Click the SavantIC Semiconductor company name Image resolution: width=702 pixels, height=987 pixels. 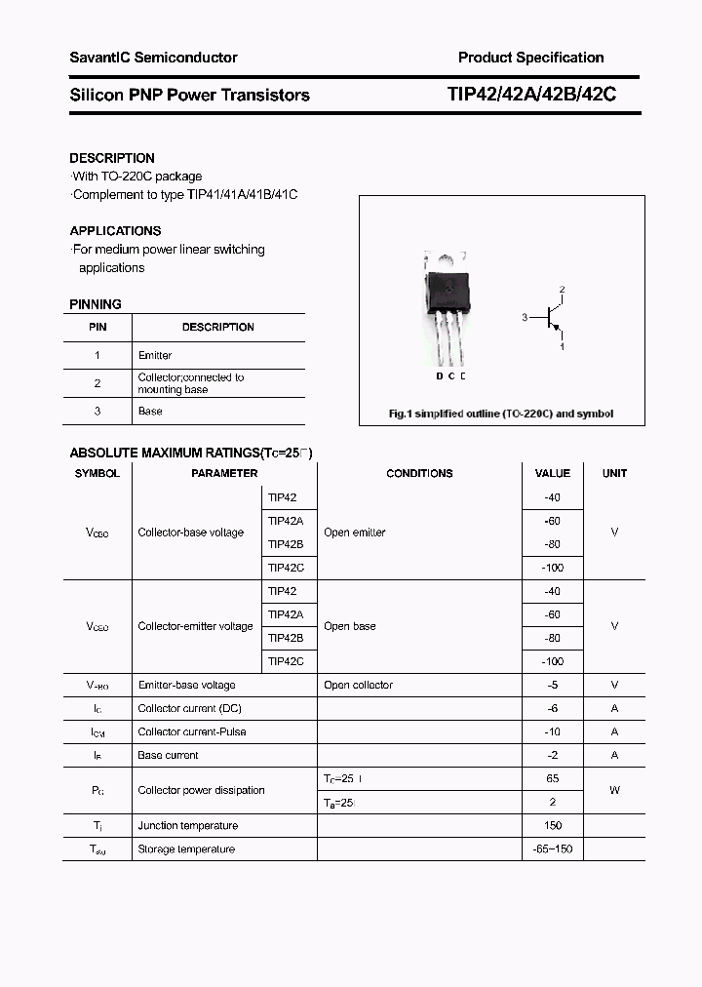click(153, 58)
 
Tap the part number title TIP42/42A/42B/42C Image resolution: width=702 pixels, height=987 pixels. click(530, 95)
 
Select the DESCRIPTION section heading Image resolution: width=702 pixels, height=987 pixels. click(112, 158)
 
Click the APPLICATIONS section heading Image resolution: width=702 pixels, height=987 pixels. click(115, 231)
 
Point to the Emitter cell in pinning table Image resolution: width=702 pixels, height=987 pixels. click(155, 356)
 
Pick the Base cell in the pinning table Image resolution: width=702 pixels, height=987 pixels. click(150, 412)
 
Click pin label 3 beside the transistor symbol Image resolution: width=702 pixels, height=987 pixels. click(525, 318)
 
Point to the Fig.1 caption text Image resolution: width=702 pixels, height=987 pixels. click(501, 415)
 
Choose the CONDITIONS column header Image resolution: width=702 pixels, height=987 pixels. click(419, 474)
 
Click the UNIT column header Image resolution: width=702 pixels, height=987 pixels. click(614, 474)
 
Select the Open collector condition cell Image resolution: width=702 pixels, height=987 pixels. click(358, 686)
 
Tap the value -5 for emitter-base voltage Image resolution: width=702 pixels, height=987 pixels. click(553, 686)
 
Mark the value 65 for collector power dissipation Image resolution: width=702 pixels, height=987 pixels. click(553, 779)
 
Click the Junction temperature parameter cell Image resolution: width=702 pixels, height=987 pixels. click(187, 826)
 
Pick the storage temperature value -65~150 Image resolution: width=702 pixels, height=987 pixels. click(553, 849)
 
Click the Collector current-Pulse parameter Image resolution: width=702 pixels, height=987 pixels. click(192, 732)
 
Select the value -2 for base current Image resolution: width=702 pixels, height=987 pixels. click(553, 756)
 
